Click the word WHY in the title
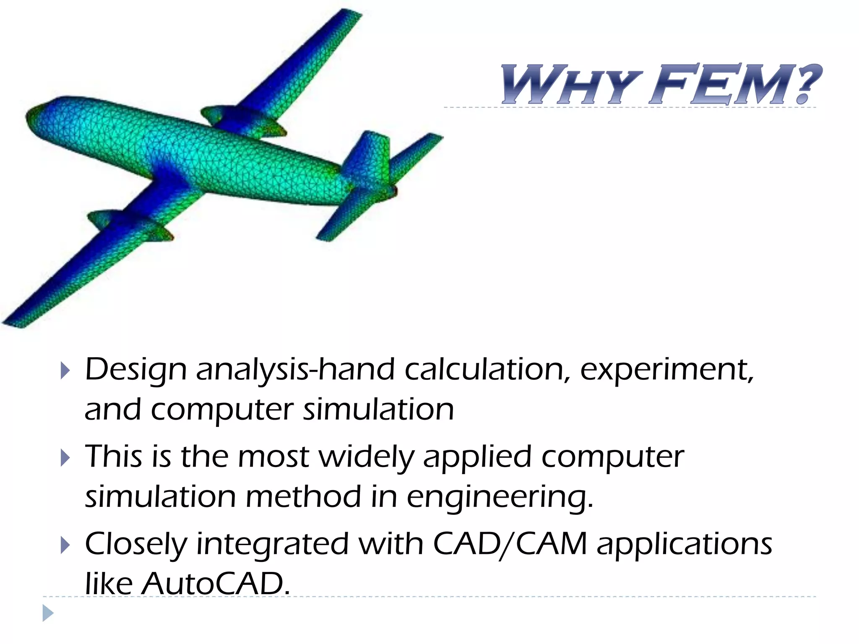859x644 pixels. (570, 86)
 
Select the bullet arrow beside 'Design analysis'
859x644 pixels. (65, 371)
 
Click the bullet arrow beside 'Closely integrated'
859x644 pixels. (65, 545)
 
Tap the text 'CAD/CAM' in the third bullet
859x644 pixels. (509, 544)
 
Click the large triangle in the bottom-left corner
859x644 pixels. (48, 613)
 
